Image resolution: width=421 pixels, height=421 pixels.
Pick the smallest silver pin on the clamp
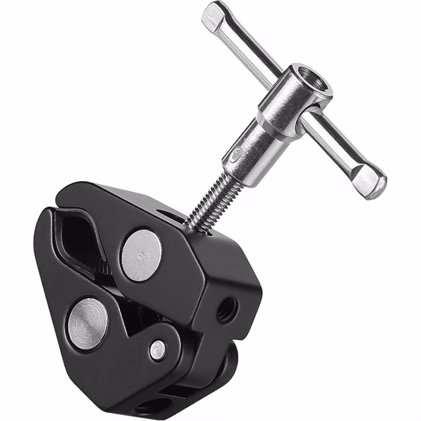pyautogui.click(x=157, y=350)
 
